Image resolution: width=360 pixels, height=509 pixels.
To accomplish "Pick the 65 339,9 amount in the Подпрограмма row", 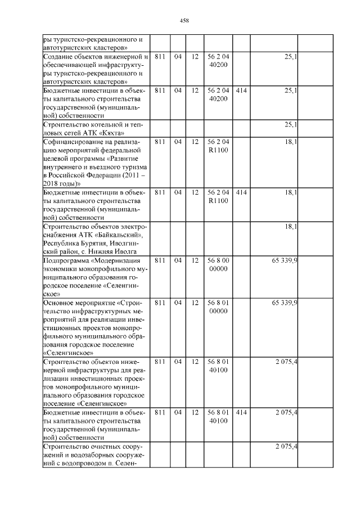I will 284,260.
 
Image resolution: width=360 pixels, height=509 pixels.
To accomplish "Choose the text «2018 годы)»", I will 62,183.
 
